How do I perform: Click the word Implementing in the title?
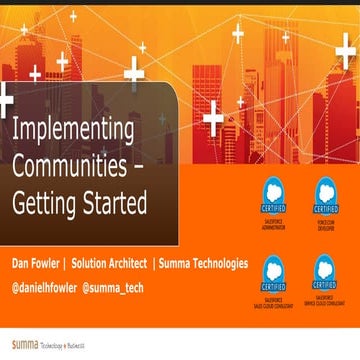73,132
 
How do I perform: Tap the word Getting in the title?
46,203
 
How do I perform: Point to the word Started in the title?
116,203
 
